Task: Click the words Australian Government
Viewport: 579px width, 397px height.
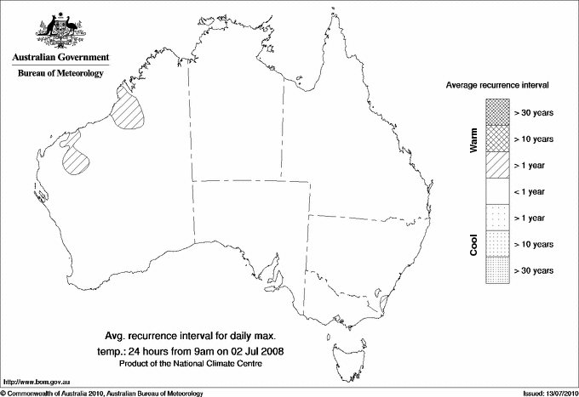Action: point(60,58)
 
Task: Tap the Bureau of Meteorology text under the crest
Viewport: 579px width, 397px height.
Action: point(60,73)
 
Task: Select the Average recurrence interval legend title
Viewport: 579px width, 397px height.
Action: point(497,86)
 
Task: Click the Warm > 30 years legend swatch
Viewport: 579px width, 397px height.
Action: point(497,112)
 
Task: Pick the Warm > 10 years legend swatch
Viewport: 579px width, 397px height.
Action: point(497,139)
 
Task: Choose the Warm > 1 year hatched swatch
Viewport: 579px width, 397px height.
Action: point(497,165)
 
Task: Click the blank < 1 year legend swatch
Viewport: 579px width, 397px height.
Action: point(497,191)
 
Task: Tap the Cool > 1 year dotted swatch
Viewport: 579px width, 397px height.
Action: point(497,218)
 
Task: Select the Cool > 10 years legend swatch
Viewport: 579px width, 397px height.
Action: point(497,244)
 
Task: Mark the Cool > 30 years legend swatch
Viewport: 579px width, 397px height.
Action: point(497,270)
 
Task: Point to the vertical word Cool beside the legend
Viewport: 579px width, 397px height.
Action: point(474,244)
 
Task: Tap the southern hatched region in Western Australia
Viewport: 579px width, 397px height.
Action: point(77,160)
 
